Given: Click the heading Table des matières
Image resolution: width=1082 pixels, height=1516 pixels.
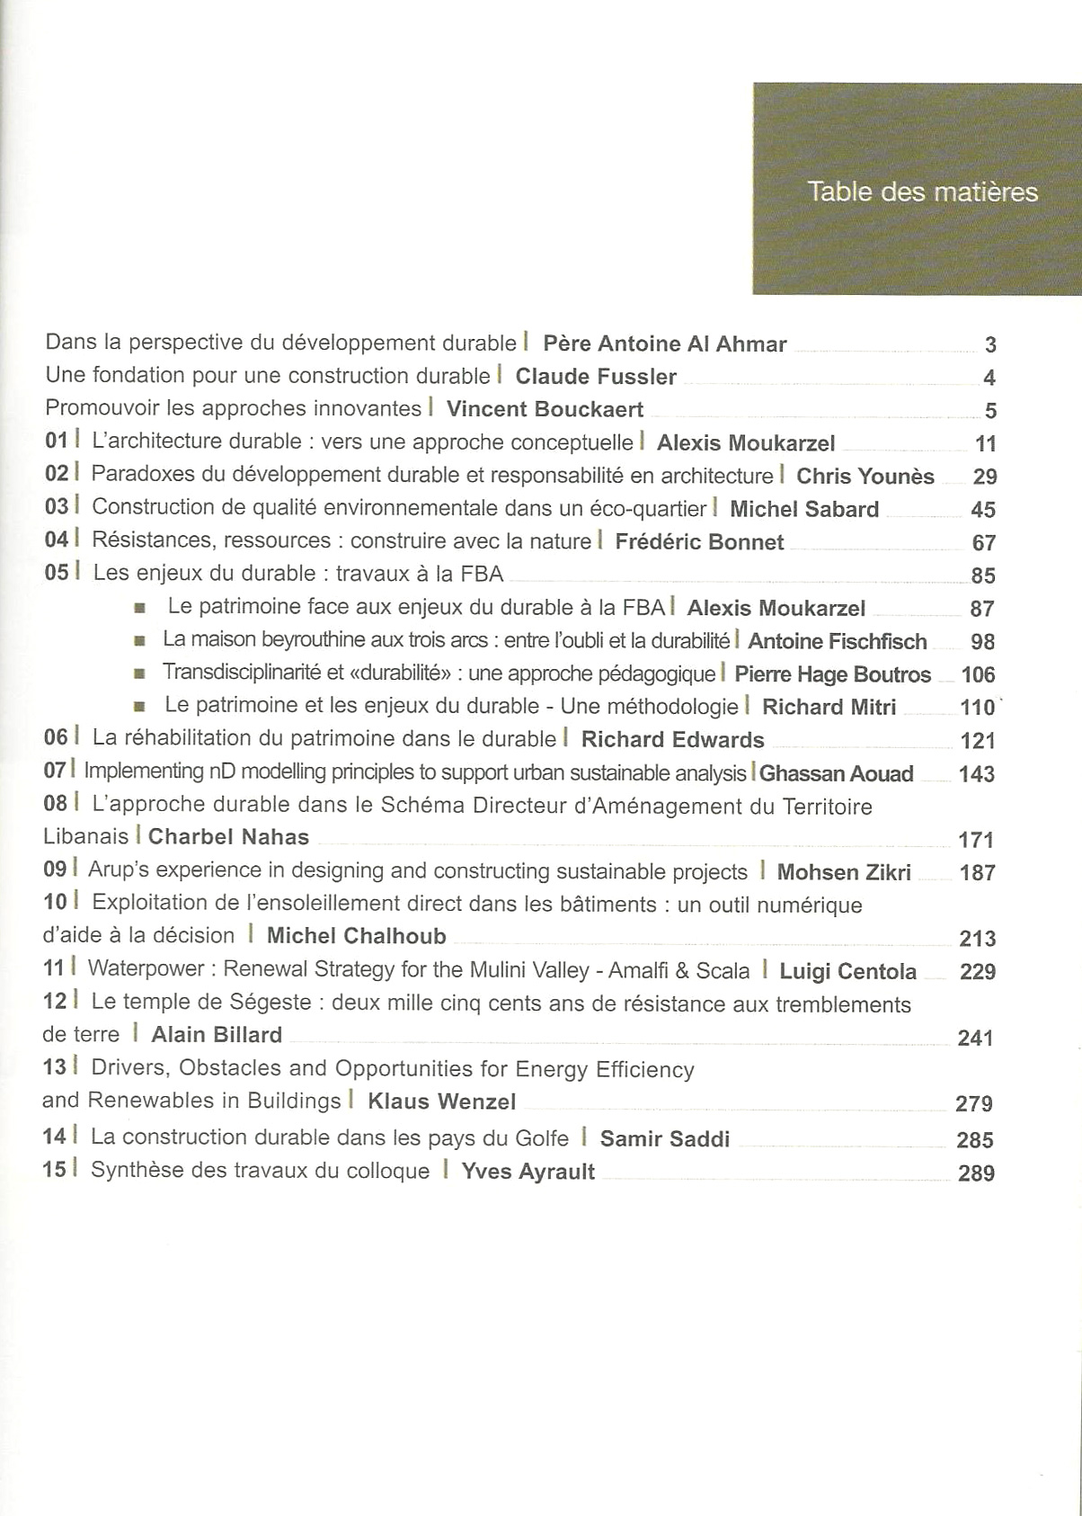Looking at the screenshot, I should (922, 192).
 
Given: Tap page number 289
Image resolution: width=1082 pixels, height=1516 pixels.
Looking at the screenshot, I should (976, 1173).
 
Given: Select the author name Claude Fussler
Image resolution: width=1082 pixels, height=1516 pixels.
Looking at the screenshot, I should (595, 376).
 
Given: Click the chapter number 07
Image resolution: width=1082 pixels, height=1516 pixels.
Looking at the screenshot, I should (55, 771).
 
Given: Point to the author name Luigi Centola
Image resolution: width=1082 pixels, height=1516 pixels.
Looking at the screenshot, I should (847, 971).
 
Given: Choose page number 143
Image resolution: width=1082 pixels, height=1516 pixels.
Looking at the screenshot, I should (977, 773).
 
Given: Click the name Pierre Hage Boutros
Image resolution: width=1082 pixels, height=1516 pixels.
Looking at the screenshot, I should (832, 673).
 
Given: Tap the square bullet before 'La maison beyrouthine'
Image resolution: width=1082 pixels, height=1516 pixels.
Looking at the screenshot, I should (139, 642).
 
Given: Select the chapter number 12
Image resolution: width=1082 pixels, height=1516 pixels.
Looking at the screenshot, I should (55, 1003).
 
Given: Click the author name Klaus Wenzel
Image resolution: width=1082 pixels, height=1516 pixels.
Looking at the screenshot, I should (442, 1101).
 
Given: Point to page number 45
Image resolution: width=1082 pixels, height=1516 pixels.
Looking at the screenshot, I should (983, 510).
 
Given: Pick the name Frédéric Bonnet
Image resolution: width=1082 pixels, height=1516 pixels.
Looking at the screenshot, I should (699, 542).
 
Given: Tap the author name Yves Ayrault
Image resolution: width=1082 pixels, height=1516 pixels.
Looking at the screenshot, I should (528, 1171).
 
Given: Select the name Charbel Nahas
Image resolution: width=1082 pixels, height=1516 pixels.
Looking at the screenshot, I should (228, 837).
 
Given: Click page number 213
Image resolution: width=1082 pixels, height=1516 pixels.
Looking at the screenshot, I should (978, 939).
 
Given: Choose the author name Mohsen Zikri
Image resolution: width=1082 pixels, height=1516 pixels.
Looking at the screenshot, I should (844, 872).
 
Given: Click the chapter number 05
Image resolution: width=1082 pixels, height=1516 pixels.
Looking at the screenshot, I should (57, 572).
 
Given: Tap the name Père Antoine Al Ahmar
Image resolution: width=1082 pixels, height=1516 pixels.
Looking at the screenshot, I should (665, 343).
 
